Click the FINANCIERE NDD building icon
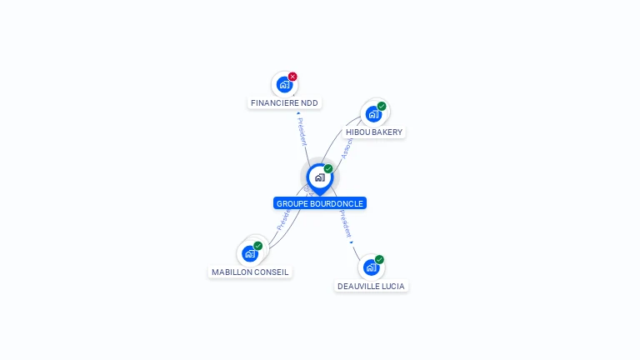(x=284, y=84)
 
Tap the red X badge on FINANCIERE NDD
(x=292, y=77)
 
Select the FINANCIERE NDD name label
(x=284, y=103)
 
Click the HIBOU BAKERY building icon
(x=373, y=113)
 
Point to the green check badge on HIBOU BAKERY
(x=382, y=106)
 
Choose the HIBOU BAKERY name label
(x=374, y=132)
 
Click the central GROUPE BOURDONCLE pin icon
(x=319, y=177)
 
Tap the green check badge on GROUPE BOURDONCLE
(x=328, y=168)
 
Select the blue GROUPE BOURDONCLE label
(x=320, y=203)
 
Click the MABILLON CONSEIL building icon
(x=250, y=253)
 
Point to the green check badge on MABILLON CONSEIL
(x=258, y=246)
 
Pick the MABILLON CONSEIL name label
(x=250, y=272)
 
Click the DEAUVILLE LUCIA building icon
(x=371, y=267)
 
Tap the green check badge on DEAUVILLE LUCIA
(x=379, y=259)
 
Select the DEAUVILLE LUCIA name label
(x=371, y=287)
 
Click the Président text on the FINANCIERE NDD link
(x=302, y=130)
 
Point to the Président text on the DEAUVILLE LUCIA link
(x=346, y=224)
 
